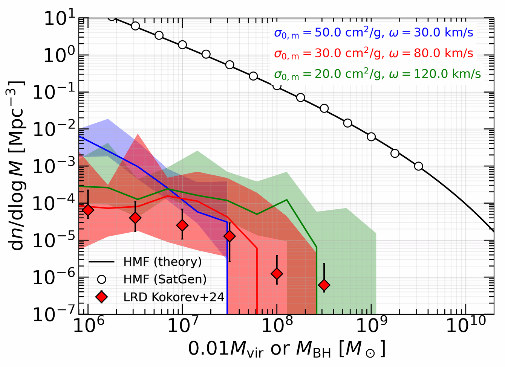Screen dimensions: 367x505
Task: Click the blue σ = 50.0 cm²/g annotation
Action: [x=373, y=33]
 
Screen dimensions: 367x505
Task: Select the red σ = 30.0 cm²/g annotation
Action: [x=373, y=53]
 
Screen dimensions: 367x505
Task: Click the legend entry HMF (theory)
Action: [x=162, y=261]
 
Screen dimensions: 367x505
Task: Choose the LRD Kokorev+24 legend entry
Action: [x=174, y=297]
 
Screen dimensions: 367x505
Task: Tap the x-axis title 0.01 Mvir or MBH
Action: [x=287, y=349]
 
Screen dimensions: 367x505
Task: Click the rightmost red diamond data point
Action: [x=324, y=285]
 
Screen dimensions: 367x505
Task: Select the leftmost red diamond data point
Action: [x=88, y=210]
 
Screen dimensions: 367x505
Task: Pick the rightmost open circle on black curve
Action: [x=418, y=166]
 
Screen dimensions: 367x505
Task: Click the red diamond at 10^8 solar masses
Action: [x=277, y=274]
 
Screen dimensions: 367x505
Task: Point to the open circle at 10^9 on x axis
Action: [x=372, y=137]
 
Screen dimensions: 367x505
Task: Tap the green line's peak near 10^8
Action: [x=287, y=199]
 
